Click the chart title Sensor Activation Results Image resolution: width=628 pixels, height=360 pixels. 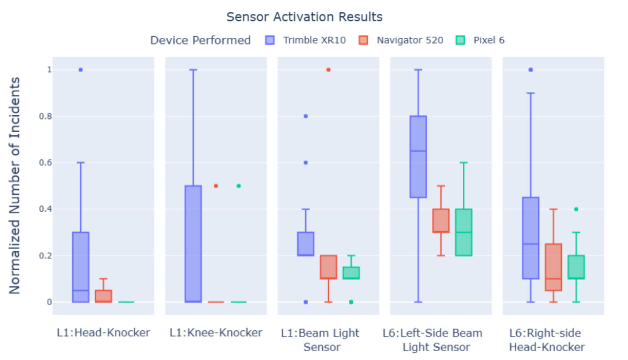click(304, 17)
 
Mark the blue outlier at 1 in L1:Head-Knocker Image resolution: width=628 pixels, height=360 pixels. click(81, 70)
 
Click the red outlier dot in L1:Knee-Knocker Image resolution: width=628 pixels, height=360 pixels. click(216, 186)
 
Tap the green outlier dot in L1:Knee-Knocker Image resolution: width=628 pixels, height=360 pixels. click(239, 186)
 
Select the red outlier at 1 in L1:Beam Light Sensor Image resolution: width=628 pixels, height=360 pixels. click(328, 70)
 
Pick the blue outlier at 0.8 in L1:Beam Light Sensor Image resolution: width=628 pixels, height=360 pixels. click(306, 116)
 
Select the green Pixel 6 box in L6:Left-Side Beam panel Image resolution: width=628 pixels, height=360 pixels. click(464, 232)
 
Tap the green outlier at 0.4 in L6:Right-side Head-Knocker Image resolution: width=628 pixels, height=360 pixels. click(576, 209)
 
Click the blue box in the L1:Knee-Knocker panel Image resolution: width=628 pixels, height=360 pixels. click(193, 243)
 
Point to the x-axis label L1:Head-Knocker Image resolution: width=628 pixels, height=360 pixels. click(103, 333)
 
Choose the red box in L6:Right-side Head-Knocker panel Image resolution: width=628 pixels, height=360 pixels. click(553, 267)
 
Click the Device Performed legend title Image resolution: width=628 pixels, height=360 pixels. click(200, 41)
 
